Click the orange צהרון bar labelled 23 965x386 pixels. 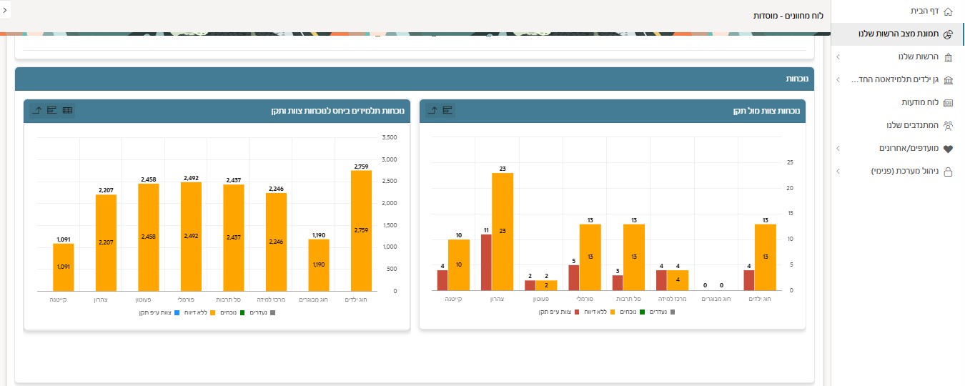pyautogui.click(x=503, y=232)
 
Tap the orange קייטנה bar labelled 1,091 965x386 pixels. pyautogui.click(x=63, y=267)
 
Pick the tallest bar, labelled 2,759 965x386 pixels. pyautogui.click(x=361, y=230)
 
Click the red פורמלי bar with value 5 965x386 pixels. pyautogui.click(x=573, y=277)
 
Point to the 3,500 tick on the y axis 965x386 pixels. pyautogui.click(x=390, y=137)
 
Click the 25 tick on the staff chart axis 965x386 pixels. pyautogui.click(x=790, y=162)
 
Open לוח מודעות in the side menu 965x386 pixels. pyautogui.click(x=914, y=102)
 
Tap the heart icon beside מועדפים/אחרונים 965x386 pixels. pyautogui.click(x=949, y=149)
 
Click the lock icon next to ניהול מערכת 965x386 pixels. pyautogui.click(x=949, y=172)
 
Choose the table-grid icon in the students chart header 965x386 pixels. pyautogui.click(x=67, y=110)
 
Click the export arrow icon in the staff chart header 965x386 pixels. pyautogui.click(x=432, y=110)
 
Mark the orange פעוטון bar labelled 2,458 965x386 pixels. pyautogui.click(x=148, y=237)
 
